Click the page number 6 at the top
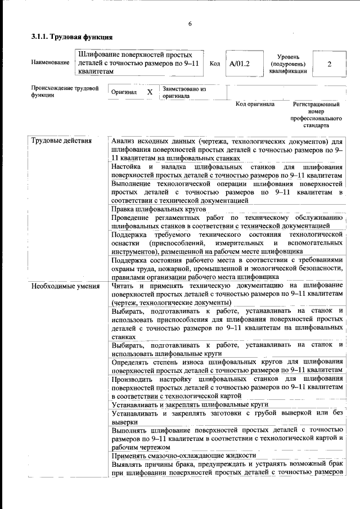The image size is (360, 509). tap(190, 23)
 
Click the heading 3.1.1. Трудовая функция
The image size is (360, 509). tap(72, 37)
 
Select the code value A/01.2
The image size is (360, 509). tap(239, 64)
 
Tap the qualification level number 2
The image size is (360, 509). tap(329, 64)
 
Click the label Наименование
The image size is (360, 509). tap(50, 63)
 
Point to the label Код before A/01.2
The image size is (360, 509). tap(214, 64)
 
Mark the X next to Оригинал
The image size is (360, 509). tap(150, 92)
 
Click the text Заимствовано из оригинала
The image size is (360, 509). tap(184, 92)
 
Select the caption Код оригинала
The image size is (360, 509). tap(255, 104)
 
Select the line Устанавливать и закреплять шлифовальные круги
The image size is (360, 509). tap(189, 404)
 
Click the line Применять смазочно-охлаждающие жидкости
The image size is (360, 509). tap(184, 455)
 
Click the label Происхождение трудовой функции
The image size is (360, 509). tap(65, 92)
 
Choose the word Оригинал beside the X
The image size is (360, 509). tap(124, 92)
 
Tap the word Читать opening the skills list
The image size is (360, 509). tap(123, 286)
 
